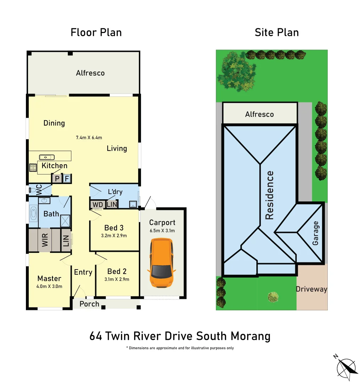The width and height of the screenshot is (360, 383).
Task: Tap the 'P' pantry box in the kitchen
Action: coord(56,178)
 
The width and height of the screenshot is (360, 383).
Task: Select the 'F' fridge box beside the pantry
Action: coord(66,178)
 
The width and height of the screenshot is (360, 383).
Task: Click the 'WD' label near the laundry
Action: coord(97,205)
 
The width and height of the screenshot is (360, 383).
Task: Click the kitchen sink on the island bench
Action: coord(47,157)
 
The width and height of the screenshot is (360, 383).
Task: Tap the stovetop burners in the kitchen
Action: coord(33,167)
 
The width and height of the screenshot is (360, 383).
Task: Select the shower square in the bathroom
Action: coord(65,221)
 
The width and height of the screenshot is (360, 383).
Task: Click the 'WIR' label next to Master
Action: coord(45,240)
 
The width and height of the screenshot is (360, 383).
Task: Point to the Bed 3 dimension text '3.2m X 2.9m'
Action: coord(114,235)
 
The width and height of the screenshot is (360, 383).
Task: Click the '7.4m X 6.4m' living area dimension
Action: coord(89,138)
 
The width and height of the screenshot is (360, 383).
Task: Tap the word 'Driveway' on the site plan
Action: coord(311,289)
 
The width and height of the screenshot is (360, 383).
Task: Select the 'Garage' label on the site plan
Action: coord(316,233)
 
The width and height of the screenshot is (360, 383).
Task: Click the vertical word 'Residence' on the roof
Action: coord(270,195)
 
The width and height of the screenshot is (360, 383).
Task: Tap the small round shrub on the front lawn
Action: coord(273,296)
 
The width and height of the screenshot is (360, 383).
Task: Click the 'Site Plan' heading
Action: coord(277,33)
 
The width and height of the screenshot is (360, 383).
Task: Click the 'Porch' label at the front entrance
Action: coord(89,304)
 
